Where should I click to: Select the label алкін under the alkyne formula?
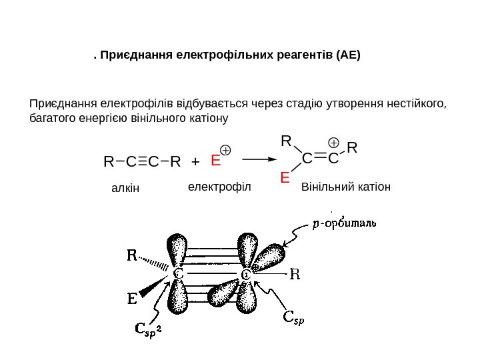coord(125,189)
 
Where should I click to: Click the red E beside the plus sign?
coord(215,161)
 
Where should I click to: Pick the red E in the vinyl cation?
coord(285,179)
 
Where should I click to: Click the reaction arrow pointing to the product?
coord(259,160)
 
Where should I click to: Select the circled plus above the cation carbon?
coord(334,143)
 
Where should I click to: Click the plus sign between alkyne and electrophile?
coord(195,162)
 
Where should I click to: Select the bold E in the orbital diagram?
coord(133,299)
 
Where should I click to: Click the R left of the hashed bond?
coord(133,255)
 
